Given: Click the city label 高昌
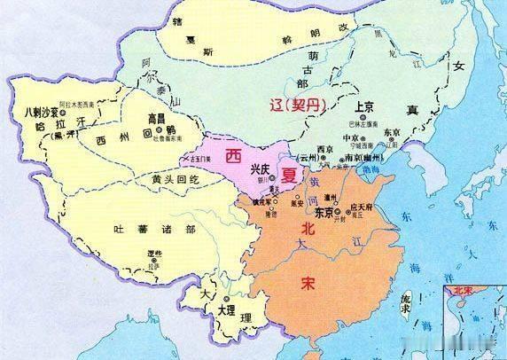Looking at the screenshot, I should point(156,117).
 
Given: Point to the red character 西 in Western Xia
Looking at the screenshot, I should point(235,155).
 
